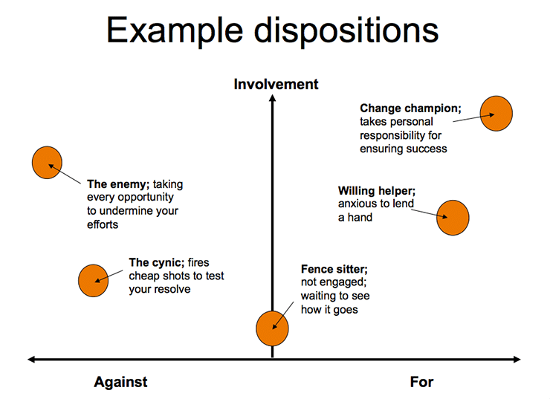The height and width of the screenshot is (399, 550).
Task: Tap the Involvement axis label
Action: (x=276, y=84)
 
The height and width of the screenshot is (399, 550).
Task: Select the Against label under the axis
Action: (x=120, y=382)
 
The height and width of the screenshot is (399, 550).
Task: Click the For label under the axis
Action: (x=421, y=382)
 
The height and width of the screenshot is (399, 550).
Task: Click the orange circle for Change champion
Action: (x=496, y=114)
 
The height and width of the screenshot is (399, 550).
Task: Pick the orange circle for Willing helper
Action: (x=452, y=218)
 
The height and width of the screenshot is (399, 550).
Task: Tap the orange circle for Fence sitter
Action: (x=272, y=328)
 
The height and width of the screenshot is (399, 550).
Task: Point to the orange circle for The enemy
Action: (x=47, y=163)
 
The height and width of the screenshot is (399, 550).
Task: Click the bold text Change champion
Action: (x=410, y=108)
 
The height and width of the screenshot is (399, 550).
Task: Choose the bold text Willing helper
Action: (x=376, y=191)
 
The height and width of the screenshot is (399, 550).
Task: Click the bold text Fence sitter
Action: (x=334, y=269)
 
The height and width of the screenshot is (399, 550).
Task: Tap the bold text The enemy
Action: (x=119, y=184)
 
